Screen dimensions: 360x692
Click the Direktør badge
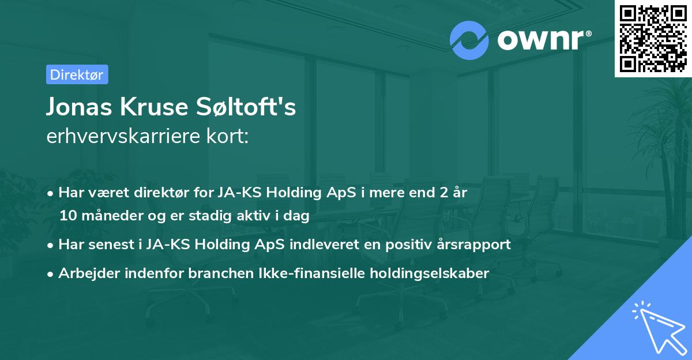tap(77, 74)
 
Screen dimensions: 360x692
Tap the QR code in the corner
tap(652, 37)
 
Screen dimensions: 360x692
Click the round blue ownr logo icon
tap(469, 40)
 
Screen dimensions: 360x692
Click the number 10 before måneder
tap(68, 216)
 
